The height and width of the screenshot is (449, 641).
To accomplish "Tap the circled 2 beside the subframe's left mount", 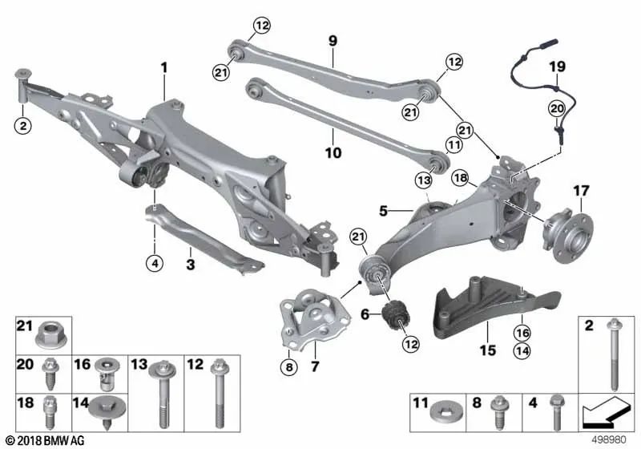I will (x=23, y=125).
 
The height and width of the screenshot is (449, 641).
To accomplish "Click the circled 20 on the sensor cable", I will (x=557, y=108).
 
